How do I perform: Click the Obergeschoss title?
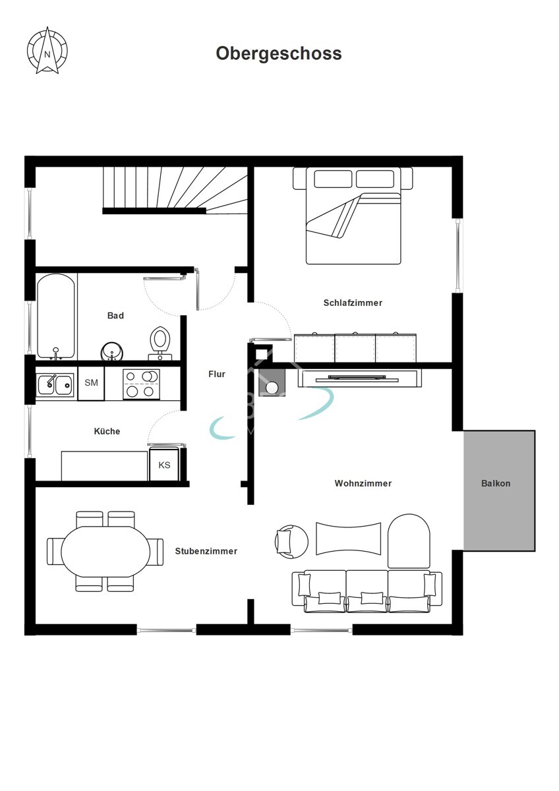point(279,54)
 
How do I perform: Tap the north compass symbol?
point(47,51)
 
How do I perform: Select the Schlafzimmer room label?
point(353,303)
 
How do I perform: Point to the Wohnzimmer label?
point(363,483)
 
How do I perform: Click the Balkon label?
point(496,483)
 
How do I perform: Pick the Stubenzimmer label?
point(206,551)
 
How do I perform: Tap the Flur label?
point(217,374)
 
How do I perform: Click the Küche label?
point(107,431)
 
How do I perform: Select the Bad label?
point(115,315)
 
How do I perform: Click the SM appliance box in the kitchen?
point(91,383)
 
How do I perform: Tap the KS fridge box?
point(164,464)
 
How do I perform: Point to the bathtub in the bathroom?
point(56,316)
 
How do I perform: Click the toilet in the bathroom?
point(160,343)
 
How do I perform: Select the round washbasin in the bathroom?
point(112,352)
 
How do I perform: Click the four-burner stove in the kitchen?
point(141,384)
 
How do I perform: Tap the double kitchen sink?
point(55,384)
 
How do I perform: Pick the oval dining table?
point(105,552)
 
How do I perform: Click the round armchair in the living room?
point(291,542)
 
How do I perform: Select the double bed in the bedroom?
point(353,216)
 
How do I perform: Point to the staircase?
point(175,190)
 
